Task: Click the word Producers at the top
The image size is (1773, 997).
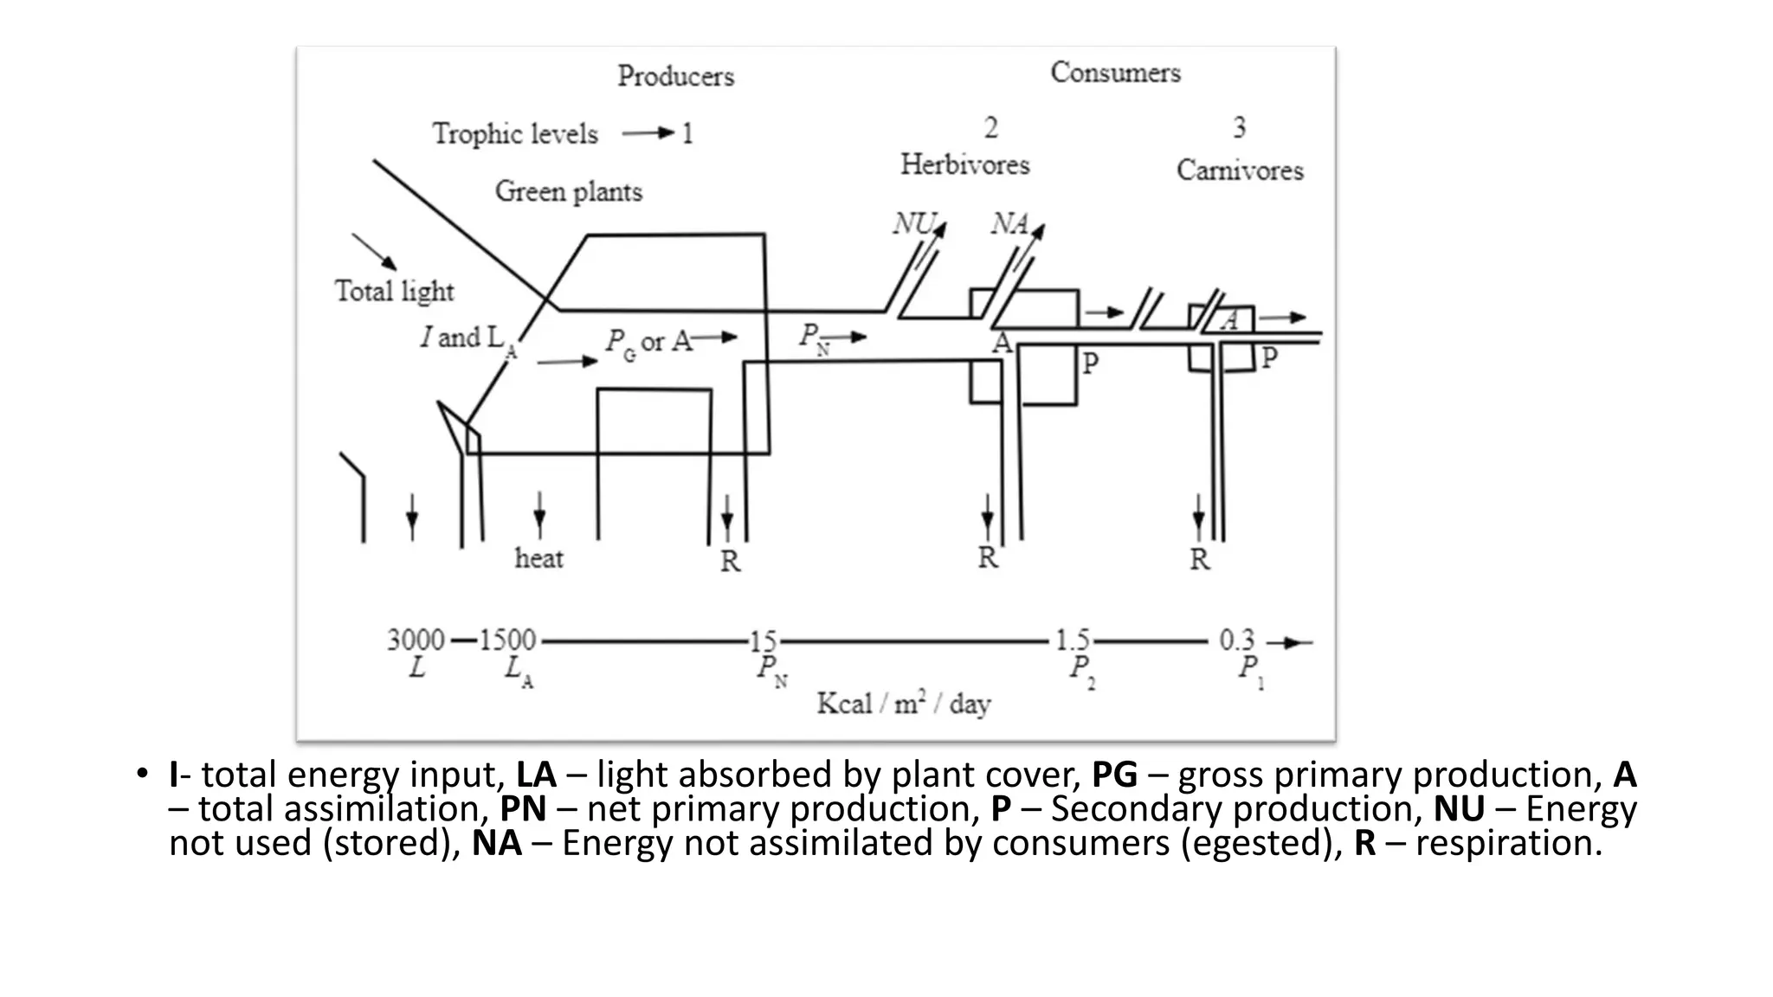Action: [x=675, y=76]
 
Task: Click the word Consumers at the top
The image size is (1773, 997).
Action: [x=1115, y=73]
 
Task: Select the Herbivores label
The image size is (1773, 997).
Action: [x=964, y=164]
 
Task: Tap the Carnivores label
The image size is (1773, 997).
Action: [x=1239, y=170]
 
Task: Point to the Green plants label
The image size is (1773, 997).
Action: [x=568, y=191]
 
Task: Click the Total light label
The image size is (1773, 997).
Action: [x=394, y=292]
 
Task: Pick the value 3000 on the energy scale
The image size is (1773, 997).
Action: [x=416, y=640]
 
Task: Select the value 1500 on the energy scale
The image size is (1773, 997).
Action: [x=507, y=640]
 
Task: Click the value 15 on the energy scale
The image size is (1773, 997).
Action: [x=763, y=641]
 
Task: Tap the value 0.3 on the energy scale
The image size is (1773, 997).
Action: [x=1236, y=640]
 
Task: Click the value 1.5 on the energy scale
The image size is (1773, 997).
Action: [x=1072, y=640]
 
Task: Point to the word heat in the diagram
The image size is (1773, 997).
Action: [x=538, y=558]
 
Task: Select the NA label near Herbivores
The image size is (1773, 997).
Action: [x=1009, y=224]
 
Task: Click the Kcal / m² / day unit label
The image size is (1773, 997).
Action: [x=903, y=704]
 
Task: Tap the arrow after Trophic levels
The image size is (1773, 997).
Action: [x=648, y=133]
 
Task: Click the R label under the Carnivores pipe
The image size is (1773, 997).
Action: [x=1199, y=560]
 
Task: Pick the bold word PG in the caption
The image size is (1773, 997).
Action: [x=1114, y=775]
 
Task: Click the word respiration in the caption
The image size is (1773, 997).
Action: [x=1509, y=843]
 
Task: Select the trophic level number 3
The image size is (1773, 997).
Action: [x=1239, y=128]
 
